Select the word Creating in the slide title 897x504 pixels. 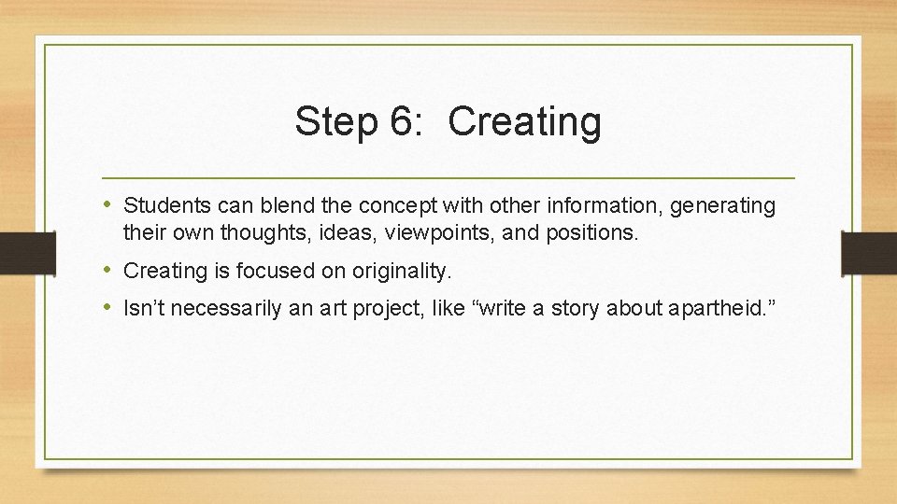(x=524, y=122)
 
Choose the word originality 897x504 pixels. (x=402, y=272)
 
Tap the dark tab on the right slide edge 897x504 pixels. (x=869, y=253)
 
